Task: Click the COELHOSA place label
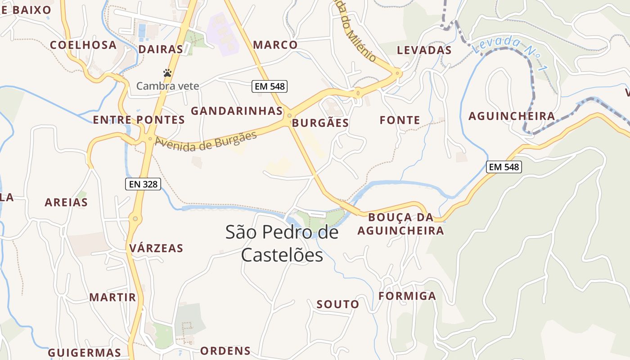pos(83,45)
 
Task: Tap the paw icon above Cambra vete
pos(167,72)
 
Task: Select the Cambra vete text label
pos(167,85)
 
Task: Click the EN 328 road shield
pos(143,184)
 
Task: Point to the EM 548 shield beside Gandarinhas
pos(269,86)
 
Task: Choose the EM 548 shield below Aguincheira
pos(504,167)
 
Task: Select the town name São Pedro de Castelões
pos(282,243)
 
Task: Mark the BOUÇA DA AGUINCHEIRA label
pos(400,224)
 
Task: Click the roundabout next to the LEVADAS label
pos(397,72)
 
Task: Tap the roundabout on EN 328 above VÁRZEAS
pos(135,219)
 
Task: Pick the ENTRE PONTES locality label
pos(139,120)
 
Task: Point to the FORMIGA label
pos(407,296)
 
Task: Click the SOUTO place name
pos(338,304)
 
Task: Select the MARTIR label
pos(112,297)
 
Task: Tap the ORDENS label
pos(225,351)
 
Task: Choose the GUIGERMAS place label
pos(85,352)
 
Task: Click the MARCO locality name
pos(275,45)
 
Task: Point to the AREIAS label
pos(66,202)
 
